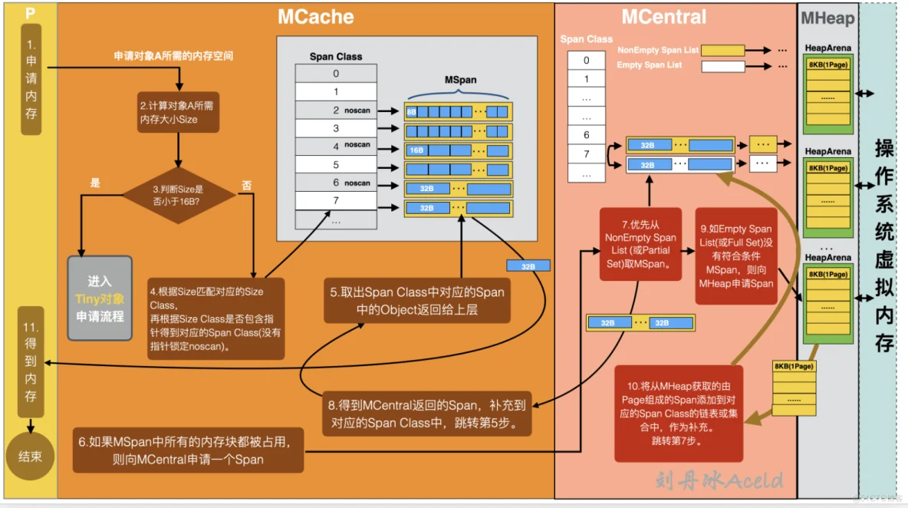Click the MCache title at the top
[x=315, y=17]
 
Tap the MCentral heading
[x=663, y=17]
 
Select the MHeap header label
[x=827, y=18]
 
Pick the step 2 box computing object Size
[x=179, y=114]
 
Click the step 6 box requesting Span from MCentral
[x=189, y=451]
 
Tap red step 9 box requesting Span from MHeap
[x=735, y=256]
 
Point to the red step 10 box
[x=678, y=413]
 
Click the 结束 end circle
[x=30, y=457]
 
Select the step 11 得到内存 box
[x=31, y=360]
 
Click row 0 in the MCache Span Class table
[x=336, y=74]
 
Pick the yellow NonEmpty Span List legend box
[x=722, y=51]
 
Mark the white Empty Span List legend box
[x=722, y=66]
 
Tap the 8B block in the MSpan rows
[x=412, y=112]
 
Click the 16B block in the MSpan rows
[x=416, y=150]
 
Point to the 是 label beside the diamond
[x=95, y=183]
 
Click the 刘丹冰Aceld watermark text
[x=719, y=480]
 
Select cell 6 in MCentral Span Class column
[x=587, y=135]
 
